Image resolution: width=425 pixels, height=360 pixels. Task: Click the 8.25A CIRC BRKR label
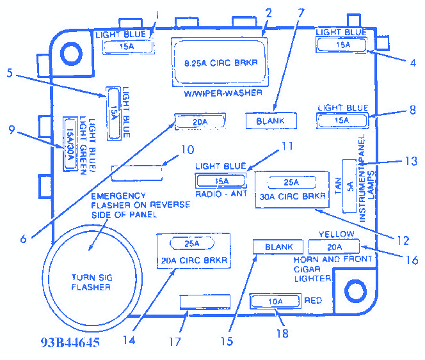[x=221, y=63]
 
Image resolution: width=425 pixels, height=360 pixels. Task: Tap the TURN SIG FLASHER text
[x=92, y=282]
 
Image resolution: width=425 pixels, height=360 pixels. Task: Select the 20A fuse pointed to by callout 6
[x=200, y=122]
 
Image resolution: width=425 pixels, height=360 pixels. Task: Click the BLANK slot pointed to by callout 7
[x=271, y=121]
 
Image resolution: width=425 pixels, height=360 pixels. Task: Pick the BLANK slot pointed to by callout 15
[x=278, y=247]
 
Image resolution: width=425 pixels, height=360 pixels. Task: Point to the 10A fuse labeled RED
[x=275, y=301]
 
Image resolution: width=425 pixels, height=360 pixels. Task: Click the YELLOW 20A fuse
[x=334, y=247]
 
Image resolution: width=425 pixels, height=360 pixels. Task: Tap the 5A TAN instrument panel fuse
[x=349, y=186]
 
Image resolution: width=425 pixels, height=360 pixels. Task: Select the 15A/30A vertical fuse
[x=70, y=144]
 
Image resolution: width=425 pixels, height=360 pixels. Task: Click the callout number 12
[x=403, y=240]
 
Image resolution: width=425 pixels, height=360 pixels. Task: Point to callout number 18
[x=282, y=333]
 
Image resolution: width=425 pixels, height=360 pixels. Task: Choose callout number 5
[x=10, y=73]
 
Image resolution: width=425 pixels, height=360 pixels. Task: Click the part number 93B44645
[x=70, y=342]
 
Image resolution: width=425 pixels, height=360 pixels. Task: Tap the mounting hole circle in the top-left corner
[x=71, y=53]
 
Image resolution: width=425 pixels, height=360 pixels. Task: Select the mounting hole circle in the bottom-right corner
[x=355, y=291]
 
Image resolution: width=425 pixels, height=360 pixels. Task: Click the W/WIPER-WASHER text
[x=223, y=93]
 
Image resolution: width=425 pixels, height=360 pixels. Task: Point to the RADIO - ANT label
[x=221, y=194]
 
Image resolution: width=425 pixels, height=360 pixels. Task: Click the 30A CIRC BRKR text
[x=293, y=196]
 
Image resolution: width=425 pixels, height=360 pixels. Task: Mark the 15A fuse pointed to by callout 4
[x=342, y=45]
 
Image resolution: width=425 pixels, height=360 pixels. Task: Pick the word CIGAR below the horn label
[x=307, y=269]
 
